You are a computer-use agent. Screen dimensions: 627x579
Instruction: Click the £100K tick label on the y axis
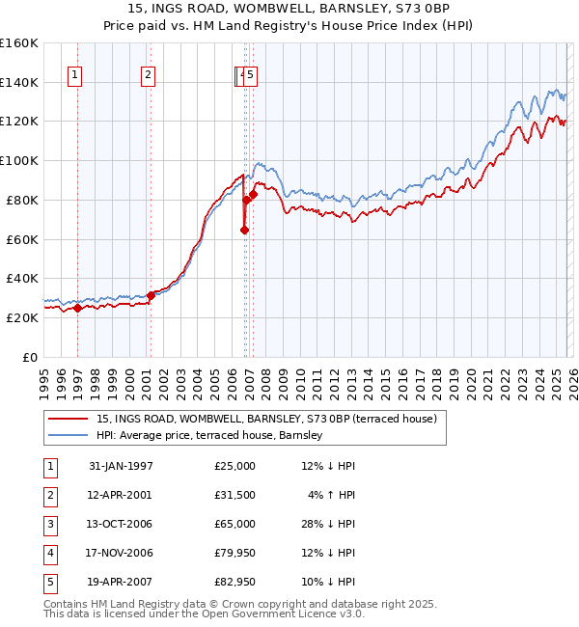[x=19, y=160]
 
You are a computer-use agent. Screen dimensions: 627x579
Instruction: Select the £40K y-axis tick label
[x=19, y=278]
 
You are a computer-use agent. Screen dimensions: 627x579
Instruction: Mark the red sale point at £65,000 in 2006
[x=244, y=230]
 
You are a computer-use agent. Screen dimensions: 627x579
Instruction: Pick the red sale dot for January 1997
[x=77, y=308]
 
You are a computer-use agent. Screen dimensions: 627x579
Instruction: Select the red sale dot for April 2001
[x=151, y=295]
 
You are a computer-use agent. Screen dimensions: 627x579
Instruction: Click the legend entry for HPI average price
[x=208, y=436]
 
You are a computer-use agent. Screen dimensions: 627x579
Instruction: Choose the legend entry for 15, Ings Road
[x=266, y=419]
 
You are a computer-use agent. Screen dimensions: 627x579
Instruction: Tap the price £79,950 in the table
[x=235, y=553]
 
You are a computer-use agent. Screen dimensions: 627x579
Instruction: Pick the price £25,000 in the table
[x=235, y=466]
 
